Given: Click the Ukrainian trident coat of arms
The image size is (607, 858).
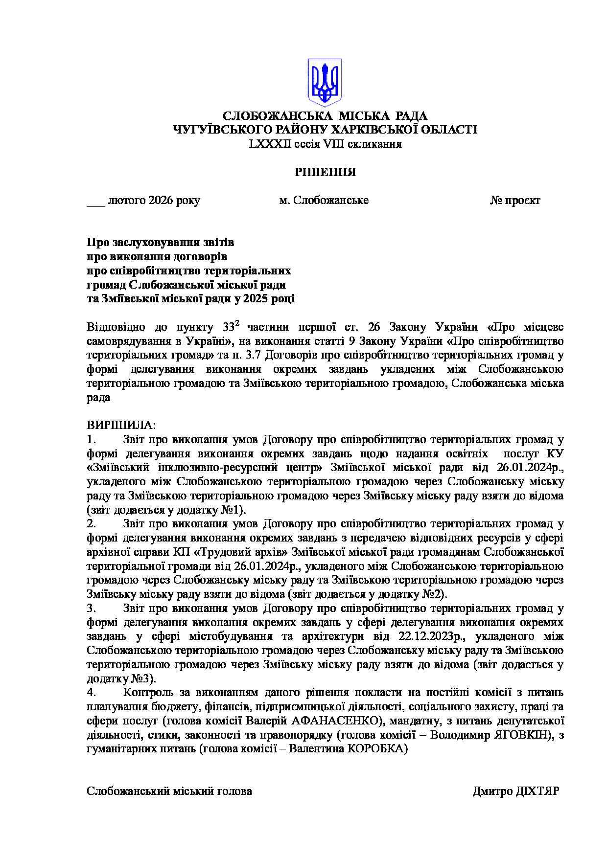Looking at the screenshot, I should click(324, 82).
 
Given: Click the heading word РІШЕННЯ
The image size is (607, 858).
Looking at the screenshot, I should click(325, 172).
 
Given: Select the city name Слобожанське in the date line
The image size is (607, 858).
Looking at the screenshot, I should click(331, 201).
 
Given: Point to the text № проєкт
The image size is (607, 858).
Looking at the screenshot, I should click(515, 201).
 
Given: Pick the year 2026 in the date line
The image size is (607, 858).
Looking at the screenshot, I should click(161, 201).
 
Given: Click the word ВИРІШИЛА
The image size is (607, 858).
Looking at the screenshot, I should click(120, 425).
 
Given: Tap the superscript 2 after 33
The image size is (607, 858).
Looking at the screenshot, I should click(237, 323).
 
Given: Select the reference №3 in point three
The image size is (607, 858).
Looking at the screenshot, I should click(143, 679).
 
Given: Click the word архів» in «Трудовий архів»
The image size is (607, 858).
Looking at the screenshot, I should click(273, 552).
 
